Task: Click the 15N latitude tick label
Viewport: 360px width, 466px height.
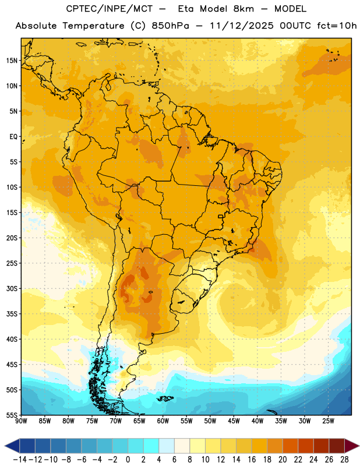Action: coord(12,61)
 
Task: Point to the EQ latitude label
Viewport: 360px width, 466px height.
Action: coord(13,137)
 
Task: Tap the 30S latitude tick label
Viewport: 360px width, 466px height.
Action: coord(12,288)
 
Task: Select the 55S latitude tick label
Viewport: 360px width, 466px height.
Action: coord(12,415)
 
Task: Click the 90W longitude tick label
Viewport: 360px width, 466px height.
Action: coord(21,421)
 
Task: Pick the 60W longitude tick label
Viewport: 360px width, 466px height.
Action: coord(163,421)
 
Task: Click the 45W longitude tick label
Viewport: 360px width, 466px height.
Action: coord(234,421)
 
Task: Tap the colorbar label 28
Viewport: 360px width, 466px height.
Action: coord(344,460)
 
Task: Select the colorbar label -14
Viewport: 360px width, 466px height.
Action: coord(20,460)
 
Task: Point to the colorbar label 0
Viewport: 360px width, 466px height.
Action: coord(128,460)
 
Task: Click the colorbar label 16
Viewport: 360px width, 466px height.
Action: coord(252,460)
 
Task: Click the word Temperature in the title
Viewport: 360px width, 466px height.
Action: coord(93,26)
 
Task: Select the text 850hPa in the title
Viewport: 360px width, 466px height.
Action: coord(170,26)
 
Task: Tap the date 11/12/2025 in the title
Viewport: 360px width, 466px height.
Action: coord(242,26)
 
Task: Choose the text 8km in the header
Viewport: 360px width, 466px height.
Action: coord(243,9)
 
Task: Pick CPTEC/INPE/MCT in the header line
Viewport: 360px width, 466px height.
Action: coord(110,9)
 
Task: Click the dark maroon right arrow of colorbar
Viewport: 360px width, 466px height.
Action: coord(352,446)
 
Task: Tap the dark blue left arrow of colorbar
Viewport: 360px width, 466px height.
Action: coord(12,446)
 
